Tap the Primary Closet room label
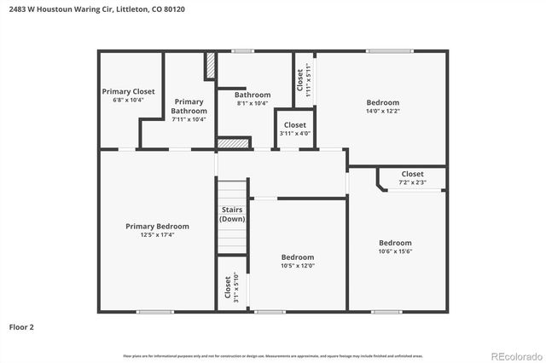128,91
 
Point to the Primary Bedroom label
157,226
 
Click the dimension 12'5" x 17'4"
157,235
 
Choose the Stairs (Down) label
232,214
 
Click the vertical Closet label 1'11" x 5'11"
303,78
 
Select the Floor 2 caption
21,326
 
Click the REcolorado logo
515,355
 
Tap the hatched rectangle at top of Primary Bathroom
210,66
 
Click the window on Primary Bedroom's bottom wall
155,311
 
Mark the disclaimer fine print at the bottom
273,355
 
